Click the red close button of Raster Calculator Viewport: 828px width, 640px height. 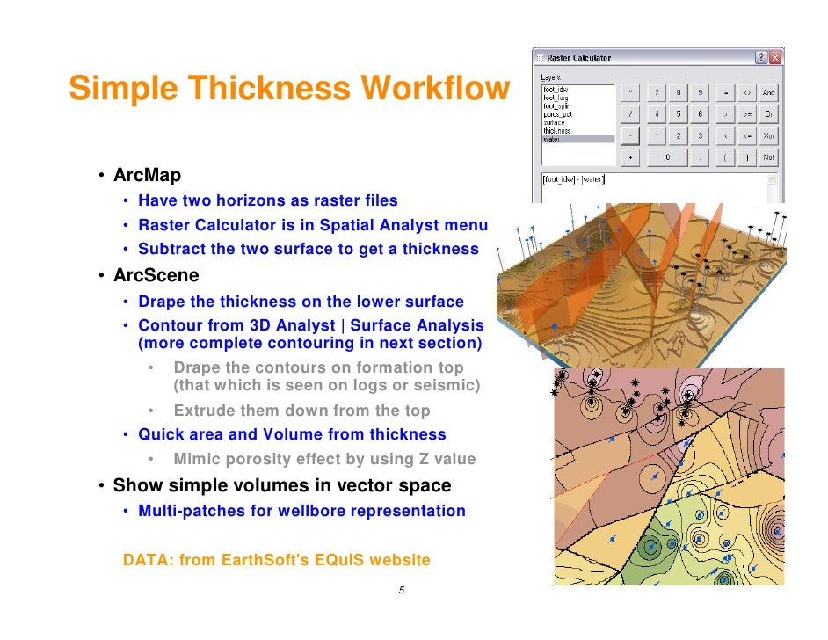pyautogui.click(x=775, y=57)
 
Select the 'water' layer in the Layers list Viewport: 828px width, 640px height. pyautogui.click(x=552, y=139)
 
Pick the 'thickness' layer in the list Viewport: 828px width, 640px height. pyautogui.click(x=557, y=131)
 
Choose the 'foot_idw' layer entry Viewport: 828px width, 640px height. pyautogui.click(x=556, y=89)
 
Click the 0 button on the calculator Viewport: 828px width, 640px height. pyautogui.click(x=666, y=158)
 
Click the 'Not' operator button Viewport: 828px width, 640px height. pyautogui.click(x=768, y=158)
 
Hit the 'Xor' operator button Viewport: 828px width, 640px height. pyautogui.click(x=768, y=136)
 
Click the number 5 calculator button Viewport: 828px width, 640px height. pyautogui.click(x=677, y=113)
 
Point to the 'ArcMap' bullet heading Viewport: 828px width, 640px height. pyautogui.click(x=147, y=177)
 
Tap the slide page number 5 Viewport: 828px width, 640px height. pyautogui.click(x=401, y=590)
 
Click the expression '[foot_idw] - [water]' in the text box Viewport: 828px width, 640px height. pyautogui.click(x=574, y=179)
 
